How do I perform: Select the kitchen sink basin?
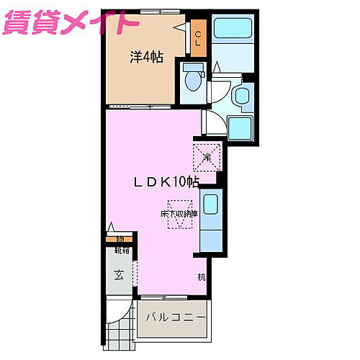(x=211, y=204)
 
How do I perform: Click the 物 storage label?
(x=120, y=238)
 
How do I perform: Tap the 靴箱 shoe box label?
(x=122, y=251)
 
